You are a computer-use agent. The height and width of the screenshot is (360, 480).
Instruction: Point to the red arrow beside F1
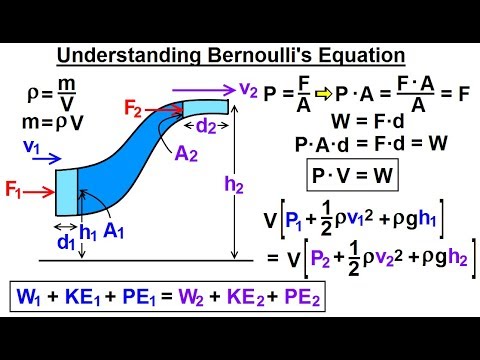(41, 187)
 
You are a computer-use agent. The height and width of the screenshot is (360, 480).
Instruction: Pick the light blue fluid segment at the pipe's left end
(66, 191)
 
